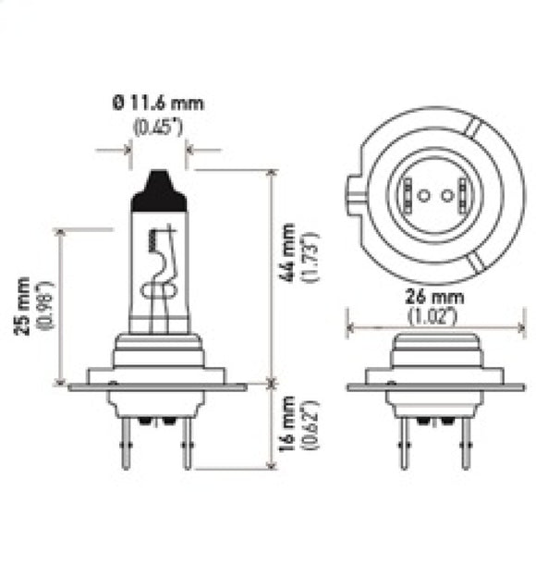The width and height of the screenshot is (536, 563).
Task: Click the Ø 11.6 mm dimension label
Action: (x=158, y=104)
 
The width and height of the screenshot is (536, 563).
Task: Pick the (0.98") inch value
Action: (x=43, y=305)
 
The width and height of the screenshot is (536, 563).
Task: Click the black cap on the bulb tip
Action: (x=158, y=190)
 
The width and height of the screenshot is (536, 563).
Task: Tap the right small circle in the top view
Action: (x=445, y=196)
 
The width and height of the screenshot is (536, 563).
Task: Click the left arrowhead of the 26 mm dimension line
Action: (x=349, y=325)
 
